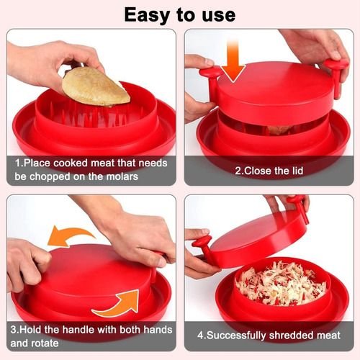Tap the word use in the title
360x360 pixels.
tap(219, 16)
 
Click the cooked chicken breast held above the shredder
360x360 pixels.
tap(96, 86)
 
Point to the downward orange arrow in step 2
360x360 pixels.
tap(233, 62)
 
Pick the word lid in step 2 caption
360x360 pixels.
tap(297, 171)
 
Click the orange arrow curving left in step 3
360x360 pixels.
tap(70, 235)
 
